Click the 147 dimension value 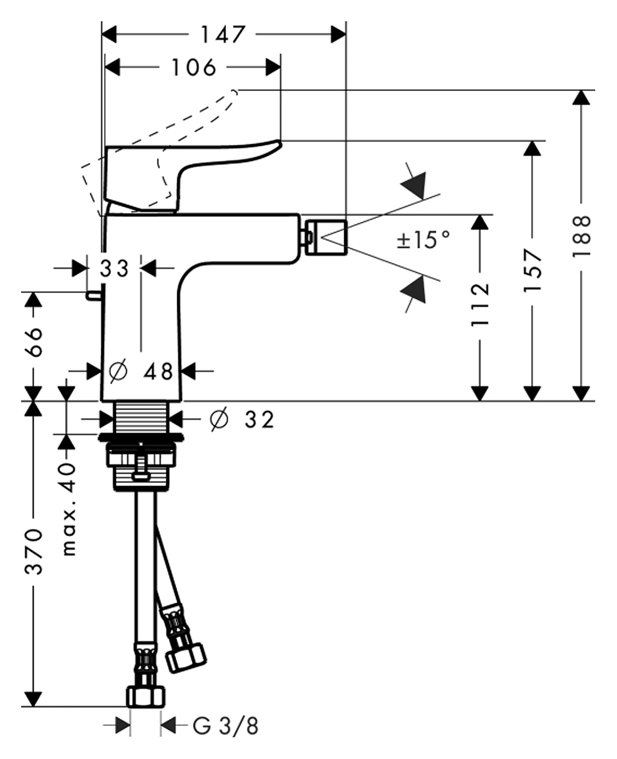click(222, 34)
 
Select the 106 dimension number click(194, 68)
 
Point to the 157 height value click(532, 270)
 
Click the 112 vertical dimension click(480, 304)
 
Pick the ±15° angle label click(424, 239)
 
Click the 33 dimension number click(114, 268)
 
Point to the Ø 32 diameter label click(242, 420)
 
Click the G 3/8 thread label click(225, 726)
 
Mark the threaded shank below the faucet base click(141, 417)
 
